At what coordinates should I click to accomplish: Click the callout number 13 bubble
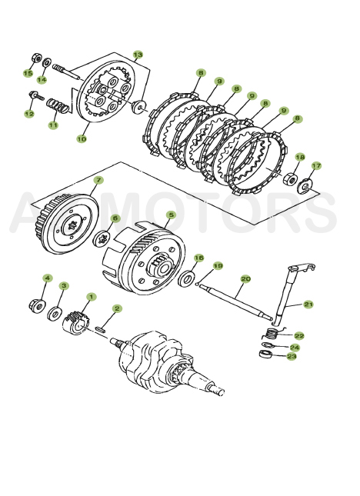[x=138, y=55]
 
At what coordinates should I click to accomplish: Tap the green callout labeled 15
[x=28, y=73]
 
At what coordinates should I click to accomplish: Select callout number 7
[x=98, y=181]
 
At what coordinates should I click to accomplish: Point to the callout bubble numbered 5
[x=170, y=215]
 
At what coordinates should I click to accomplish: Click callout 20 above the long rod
[x=245, y=279]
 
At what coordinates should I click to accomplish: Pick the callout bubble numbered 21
[x=308, y=305]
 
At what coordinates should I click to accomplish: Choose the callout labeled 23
[x=292, y=356]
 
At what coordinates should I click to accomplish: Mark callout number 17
[x=315, y=165]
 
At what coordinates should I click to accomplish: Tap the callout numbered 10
[x=82, y=139]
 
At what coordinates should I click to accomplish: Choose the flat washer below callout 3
[x=56, y=314]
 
